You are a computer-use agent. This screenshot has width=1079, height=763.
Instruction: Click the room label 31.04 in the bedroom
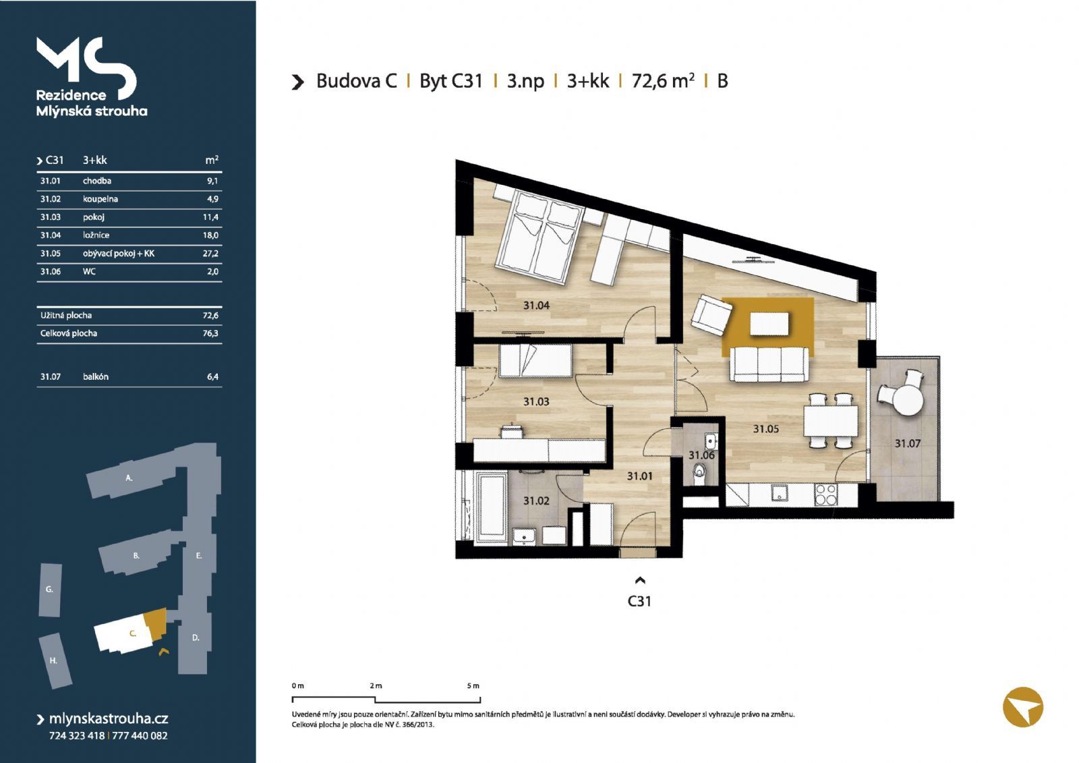click(536, 305)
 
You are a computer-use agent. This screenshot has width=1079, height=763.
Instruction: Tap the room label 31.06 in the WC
click(701, 455)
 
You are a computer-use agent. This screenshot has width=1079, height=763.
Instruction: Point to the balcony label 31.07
click(908, 443)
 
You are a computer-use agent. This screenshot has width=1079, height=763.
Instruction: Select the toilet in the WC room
click(699, 474)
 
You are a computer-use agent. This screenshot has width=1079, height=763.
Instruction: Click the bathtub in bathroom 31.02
click(492, 507)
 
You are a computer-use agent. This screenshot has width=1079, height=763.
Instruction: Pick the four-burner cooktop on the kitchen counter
click(825, 494)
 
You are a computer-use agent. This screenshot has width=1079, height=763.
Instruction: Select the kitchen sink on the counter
click(780, 492)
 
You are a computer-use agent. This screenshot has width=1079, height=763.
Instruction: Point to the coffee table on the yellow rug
click(769, 323)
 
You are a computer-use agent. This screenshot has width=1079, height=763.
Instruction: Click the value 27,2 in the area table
click(210, 254)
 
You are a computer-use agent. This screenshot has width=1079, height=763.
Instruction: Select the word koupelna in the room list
click(100, 199)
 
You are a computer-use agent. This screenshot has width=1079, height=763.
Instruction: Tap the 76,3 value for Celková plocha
click(210, 333)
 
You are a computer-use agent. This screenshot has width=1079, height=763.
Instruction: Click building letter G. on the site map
click(49, 589)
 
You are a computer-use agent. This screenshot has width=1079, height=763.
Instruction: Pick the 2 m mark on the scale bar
click(376, 685)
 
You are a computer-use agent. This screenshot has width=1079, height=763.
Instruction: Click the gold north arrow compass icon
click(1022, 706)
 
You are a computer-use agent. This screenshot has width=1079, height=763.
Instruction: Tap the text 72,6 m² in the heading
click(663, 80)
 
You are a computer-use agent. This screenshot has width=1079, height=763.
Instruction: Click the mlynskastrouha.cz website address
click(109, 718)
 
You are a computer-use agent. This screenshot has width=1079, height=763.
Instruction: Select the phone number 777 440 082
click(140, 735)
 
